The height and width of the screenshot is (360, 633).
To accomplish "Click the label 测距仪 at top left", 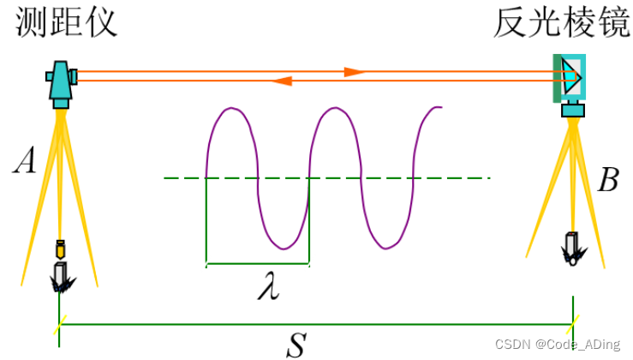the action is (x=66, y=23).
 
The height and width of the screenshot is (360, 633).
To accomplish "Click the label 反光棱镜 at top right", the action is (x=561, y=23).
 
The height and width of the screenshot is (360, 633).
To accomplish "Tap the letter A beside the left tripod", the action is (x=23, y=161).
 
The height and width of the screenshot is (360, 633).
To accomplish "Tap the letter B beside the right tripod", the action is (x=608, y=180).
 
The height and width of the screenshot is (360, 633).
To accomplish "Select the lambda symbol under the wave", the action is (x=268, y=287).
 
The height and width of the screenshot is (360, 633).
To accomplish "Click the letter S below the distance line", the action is (x=296, y=345).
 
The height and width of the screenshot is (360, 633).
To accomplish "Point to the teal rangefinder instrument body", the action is (x=60, y=81).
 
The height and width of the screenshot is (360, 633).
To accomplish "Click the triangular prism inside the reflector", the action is (x=572, y=78).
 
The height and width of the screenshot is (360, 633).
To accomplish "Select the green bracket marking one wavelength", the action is (x=257, y=262).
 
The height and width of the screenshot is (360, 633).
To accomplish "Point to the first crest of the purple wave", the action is (x=231, y=109).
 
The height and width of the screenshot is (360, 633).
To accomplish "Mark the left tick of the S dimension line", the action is (x=59, y=325).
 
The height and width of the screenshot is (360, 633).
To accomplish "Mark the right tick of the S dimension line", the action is (x=572, y=325).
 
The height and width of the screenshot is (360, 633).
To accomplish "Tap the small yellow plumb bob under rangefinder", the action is (x=61, y=250).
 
